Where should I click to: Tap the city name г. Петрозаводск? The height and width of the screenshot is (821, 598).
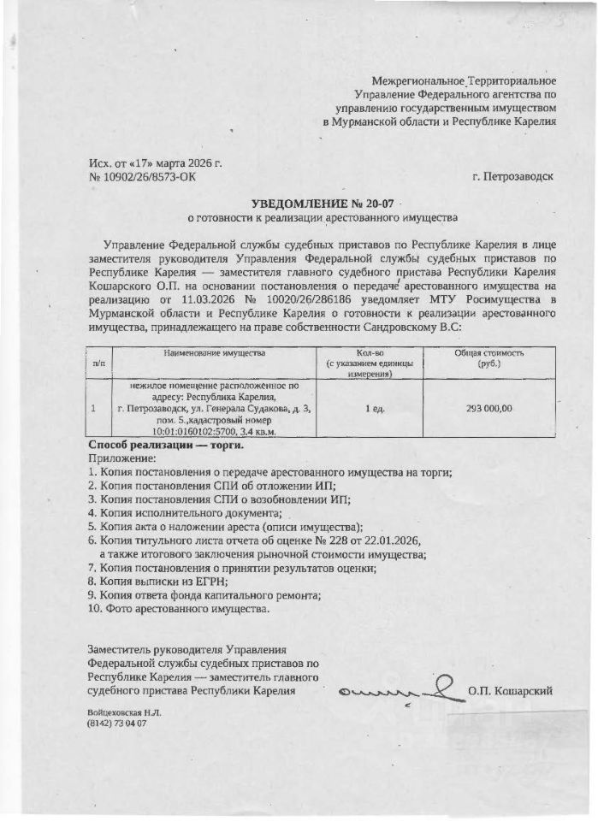[512, 177]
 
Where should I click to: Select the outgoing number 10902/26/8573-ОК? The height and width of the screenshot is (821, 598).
[150, 177]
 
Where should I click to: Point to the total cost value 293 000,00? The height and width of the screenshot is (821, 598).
[489, 409]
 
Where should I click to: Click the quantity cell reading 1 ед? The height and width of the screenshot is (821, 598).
[375, 409]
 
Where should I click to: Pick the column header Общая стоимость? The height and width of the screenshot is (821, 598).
[489, 352]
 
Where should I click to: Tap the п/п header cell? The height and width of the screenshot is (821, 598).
[98, 363]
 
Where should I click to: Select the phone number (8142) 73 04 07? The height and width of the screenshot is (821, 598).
[117, 724]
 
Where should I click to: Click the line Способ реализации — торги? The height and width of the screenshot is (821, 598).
[166, 445]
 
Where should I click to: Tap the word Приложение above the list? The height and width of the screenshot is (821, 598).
[116, 458]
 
